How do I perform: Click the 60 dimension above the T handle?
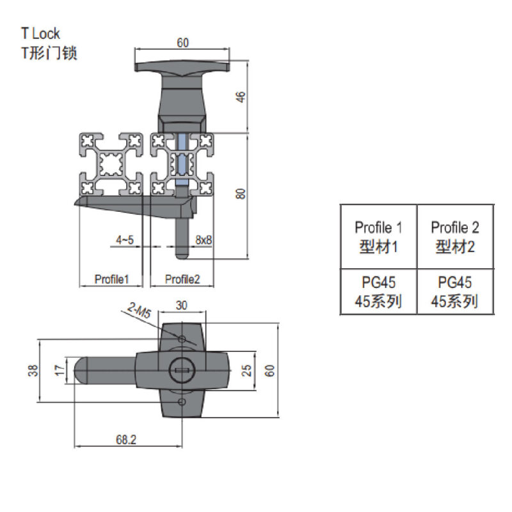[x=182, y=43]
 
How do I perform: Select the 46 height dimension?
[x=241, y=97]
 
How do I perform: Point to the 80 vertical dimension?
[x=241, y=193]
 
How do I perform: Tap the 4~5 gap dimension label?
[x=125, y=240]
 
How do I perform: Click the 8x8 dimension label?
[x=204, y=240]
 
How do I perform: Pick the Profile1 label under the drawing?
[x=112, y=279]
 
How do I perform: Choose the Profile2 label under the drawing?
[x=183, y=279]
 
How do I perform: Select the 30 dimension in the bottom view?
[x=182, y=307]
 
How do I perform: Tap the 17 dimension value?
[x=60, y=370]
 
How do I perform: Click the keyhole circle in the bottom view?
[x=179, y=369]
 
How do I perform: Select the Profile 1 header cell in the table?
[x=378, y=236]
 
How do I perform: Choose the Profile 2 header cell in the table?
[x=455, y=236]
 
